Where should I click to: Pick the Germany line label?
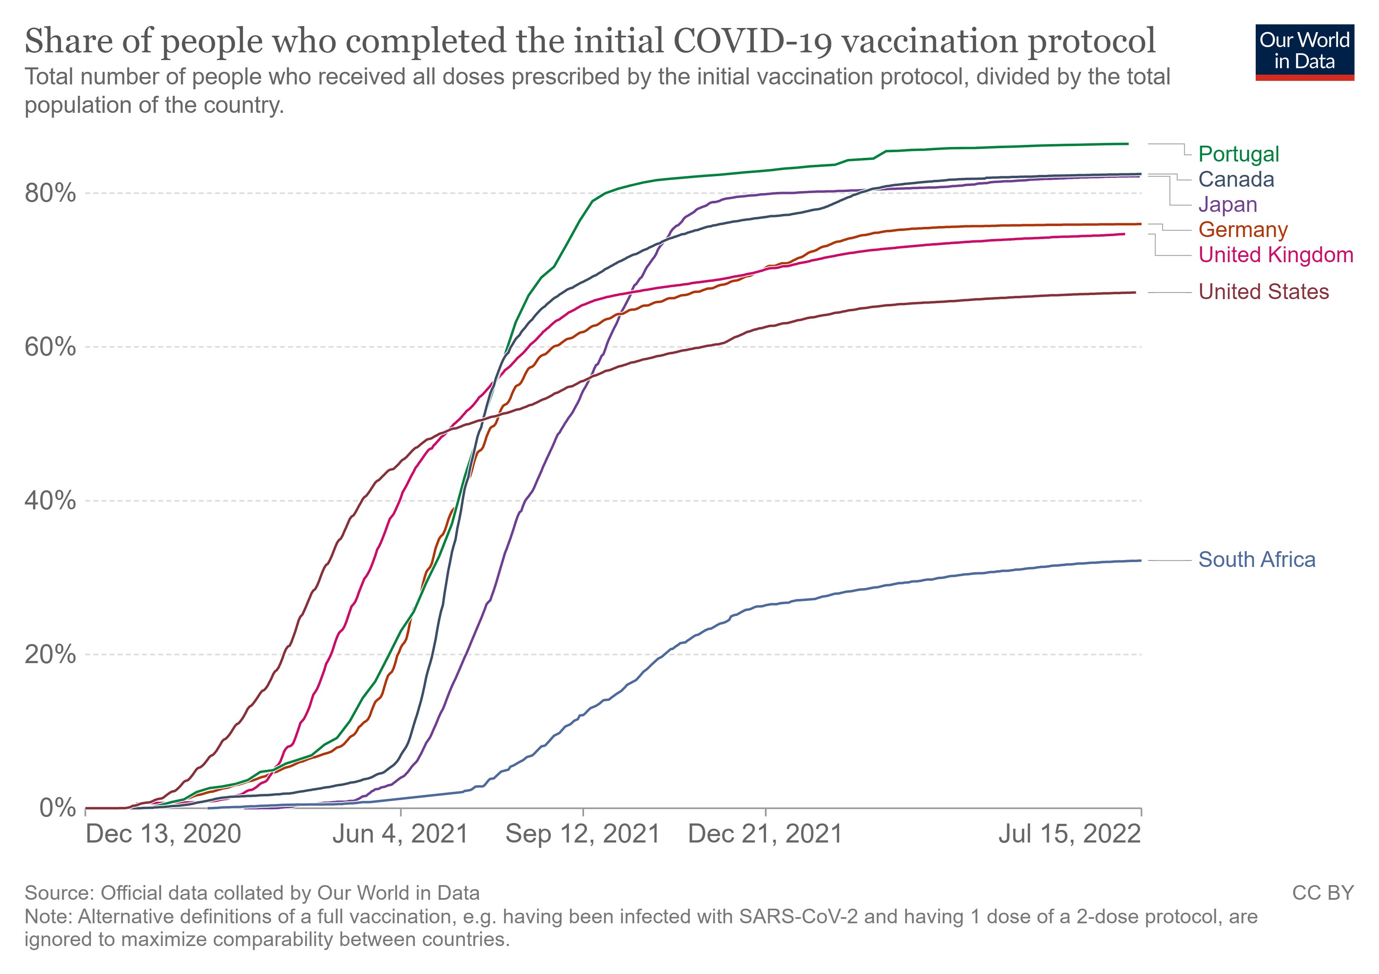[x=1243, y=230]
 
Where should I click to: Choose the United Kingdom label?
[x=1276, y=255]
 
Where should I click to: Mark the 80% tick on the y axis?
[x=50, y=194]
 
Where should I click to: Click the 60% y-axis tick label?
[x=50, y=347]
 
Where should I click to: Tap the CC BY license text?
[x=1323, y=893]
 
